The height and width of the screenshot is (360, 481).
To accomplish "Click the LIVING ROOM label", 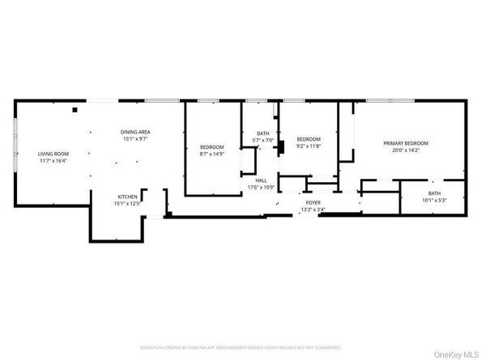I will (53, 154).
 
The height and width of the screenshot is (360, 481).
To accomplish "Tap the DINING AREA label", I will (136, 132).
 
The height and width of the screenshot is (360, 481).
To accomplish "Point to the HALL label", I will (262, 180).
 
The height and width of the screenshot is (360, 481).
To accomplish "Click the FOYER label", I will (312, 202).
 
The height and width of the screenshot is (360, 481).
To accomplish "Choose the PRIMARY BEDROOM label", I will (405, 142).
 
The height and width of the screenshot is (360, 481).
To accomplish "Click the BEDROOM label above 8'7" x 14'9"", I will (211, 146).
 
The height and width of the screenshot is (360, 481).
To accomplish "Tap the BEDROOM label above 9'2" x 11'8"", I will (308, 138).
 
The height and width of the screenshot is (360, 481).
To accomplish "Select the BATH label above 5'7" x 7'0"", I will (263, 133).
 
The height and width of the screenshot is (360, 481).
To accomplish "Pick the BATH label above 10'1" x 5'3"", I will (435, 193).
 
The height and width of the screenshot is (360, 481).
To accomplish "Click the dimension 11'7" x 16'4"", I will (53, 161).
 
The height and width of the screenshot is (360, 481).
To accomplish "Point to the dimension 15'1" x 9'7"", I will (136, 139).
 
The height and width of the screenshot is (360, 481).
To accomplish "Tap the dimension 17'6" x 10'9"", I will (262, 188).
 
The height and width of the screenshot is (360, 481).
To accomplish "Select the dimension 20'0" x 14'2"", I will (405, 150).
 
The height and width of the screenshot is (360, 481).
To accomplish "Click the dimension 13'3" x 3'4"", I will (312, 210).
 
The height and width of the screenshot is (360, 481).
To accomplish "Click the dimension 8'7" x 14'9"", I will (211, 154).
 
